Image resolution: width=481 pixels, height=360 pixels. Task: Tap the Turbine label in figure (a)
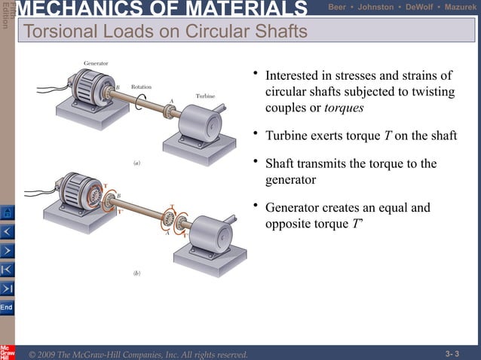206,96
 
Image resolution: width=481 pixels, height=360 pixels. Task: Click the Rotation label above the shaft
141,87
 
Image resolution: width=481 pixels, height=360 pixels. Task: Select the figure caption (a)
136,163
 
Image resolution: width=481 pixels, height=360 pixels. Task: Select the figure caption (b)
136,274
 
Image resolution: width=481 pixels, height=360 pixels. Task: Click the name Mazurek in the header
461,7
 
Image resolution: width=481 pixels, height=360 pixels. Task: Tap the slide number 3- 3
452,353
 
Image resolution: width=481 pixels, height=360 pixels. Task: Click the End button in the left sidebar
6,308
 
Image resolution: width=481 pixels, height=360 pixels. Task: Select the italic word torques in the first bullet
344,108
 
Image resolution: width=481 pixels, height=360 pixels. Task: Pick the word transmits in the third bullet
323,164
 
